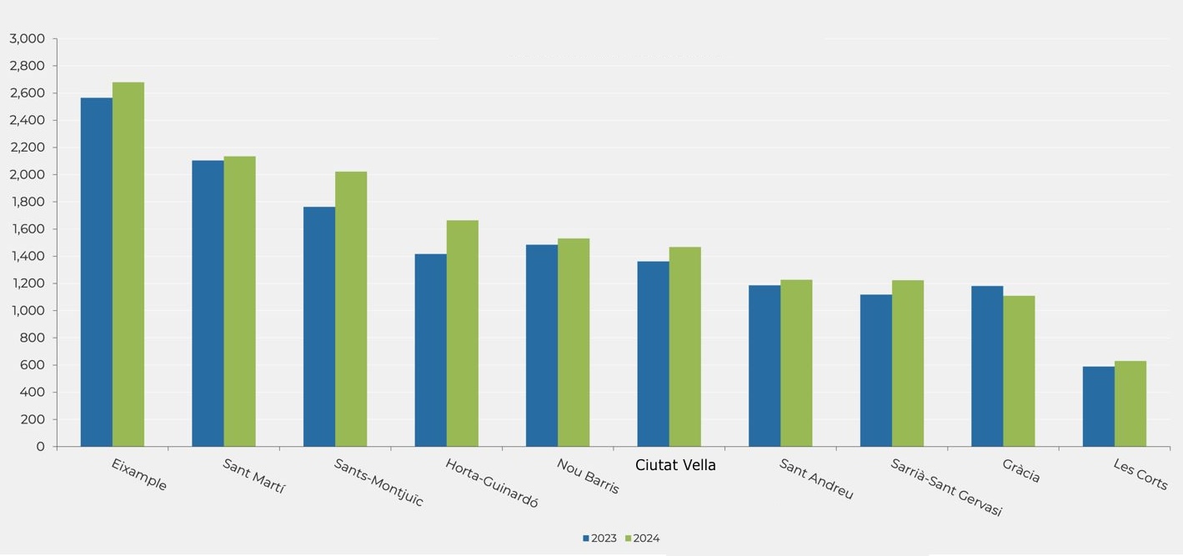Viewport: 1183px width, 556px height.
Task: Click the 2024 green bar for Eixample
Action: click(x=128, y=264)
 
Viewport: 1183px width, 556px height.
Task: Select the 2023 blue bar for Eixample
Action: click(x=97, y=272)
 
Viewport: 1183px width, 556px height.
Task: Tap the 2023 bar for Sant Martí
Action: click(x=208, y=303)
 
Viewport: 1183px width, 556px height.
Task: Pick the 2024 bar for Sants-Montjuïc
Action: click(x=351, y=309)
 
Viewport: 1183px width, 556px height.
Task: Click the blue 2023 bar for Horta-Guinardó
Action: click(x=430, y=350)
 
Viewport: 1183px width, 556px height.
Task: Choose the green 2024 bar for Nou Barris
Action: click(x=574, y=343)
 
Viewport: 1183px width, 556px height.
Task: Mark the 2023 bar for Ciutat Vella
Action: click(x=653, y=354)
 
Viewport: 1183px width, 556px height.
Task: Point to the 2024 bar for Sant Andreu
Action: click(x=796, y=363)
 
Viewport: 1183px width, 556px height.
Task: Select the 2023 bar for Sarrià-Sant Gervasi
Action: click(x=876, y=370)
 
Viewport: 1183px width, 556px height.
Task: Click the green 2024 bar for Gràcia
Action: click(x=1019, y=371)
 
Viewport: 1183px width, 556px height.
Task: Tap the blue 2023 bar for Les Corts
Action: click(x=1099, y=407)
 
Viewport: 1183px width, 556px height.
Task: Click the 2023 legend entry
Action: click(x=600, y=538)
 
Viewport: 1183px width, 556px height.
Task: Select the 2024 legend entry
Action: click(x=642, y=538)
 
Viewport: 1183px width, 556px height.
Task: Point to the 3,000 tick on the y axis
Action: click(x=27, y=39)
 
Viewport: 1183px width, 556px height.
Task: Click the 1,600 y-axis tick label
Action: click(x=27, y=229)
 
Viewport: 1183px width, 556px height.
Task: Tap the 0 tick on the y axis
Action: click(x=40, y=447)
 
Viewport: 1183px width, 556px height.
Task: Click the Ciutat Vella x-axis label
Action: click(x=675, y=465)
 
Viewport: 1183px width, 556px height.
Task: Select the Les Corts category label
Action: click(x=1140, y=473)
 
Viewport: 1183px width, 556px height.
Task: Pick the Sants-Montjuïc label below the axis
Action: click(x=378, y=482)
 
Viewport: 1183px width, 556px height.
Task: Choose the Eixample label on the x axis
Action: click(x=139, y=473)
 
